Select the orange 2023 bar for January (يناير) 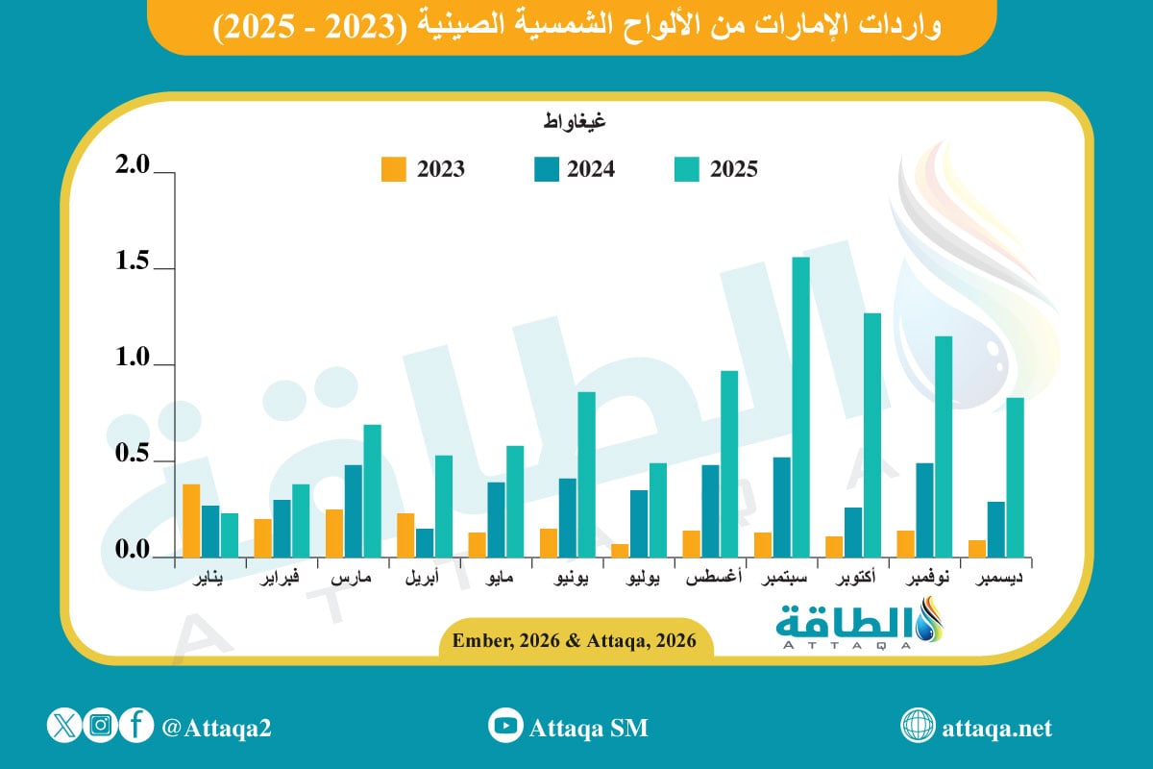tap(192, 520)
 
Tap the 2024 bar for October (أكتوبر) tap(852, 532)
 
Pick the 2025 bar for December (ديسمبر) tap(1015, 477)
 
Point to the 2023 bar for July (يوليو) tap(620, 550)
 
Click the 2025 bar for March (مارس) tap(373, 490)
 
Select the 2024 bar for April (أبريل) tap(425, 542)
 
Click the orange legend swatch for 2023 tap(393, 169)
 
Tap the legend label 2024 tap(591, 169)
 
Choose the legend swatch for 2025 tap(683, 169)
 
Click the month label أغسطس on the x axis tap(710, 580)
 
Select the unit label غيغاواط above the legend tap(575, 122)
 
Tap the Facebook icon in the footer tap(137, 726)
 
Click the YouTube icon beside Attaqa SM tap(504, 726)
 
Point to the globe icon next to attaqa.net tap(918, 726)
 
